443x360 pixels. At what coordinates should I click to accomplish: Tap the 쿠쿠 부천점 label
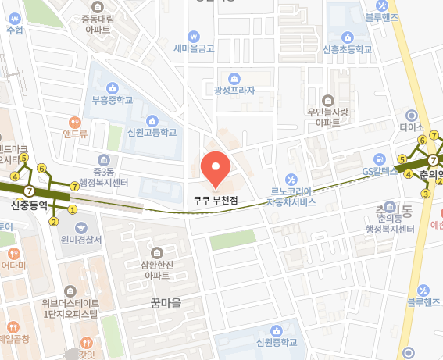(216, 200)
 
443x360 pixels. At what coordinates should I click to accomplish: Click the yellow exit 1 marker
(73, 209)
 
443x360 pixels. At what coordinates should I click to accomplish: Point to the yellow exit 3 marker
(425, 193)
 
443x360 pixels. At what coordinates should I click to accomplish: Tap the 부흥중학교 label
(113, 99)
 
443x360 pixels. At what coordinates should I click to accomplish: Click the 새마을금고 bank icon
(194, 36)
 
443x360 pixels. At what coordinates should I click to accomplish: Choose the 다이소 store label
(410, 127)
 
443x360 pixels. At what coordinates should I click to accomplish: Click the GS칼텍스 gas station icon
(380, 159)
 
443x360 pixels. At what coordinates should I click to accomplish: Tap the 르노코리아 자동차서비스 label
(291, 196)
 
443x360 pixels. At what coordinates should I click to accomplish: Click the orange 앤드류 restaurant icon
(75, 122)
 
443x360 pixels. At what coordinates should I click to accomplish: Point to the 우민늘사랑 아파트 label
(328, 117)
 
